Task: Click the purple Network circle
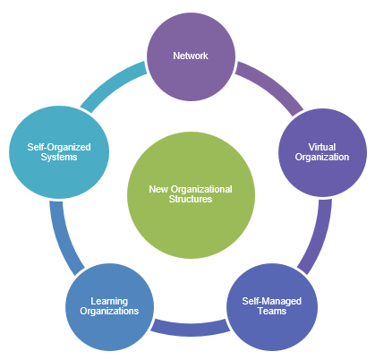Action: tap(191, 56)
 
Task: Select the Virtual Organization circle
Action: tap(322, 152)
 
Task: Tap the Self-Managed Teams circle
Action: tap(272, 307)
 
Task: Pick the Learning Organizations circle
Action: tap(110, 307)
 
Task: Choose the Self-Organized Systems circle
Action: tap(59, 152)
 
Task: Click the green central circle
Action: tap(191, 195)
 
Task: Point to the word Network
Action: tap(191, 56)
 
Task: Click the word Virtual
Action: tap(322, 147)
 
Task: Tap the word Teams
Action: tap(272, 311)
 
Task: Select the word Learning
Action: tap(109, 301)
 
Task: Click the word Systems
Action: tap(59, 157)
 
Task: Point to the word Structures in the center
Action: tap(191, 199)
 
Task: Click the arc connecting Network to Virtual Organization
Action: tap(272, 86)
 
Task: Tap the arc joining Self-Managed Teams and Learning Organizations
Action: tap(191, 330)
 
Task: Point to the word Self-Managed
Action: tap(272, 301)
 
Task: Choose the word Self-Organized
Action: tap(59, 147)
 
